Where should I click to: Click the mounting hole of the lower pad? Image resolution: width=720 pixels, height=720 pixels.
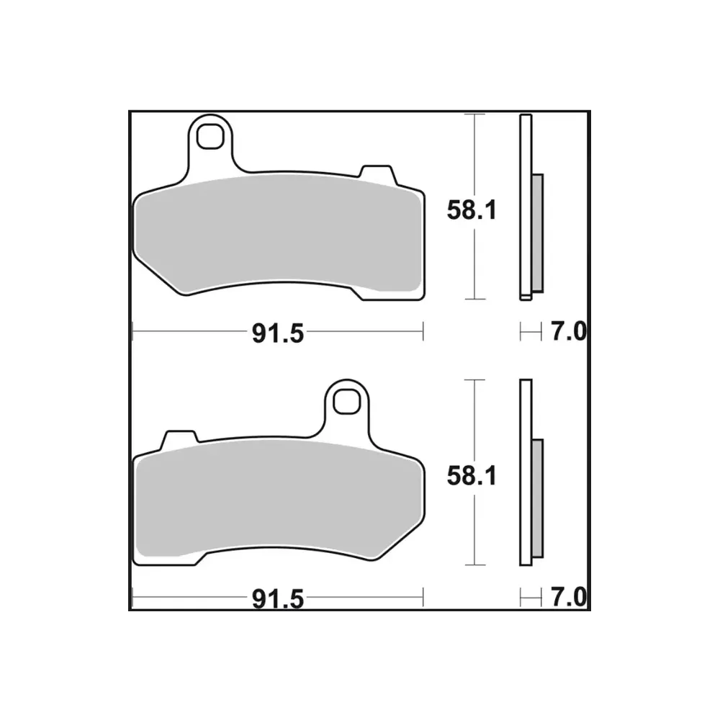click(x=346, y=400)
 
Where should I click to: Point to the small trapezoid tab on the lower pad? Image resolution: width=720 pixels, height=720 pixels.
click(x=180, y=438)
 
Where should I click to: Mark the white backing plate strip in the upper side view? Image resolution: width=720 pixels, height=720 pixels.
click(x=524, y=209)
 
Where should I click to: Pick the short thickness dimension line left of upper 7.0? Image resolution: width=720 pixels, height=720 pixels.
click(x=530, y=332)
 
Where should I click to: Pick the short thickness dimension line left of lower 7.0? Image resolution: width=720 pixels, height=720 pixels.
click(x=530, y=597)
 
